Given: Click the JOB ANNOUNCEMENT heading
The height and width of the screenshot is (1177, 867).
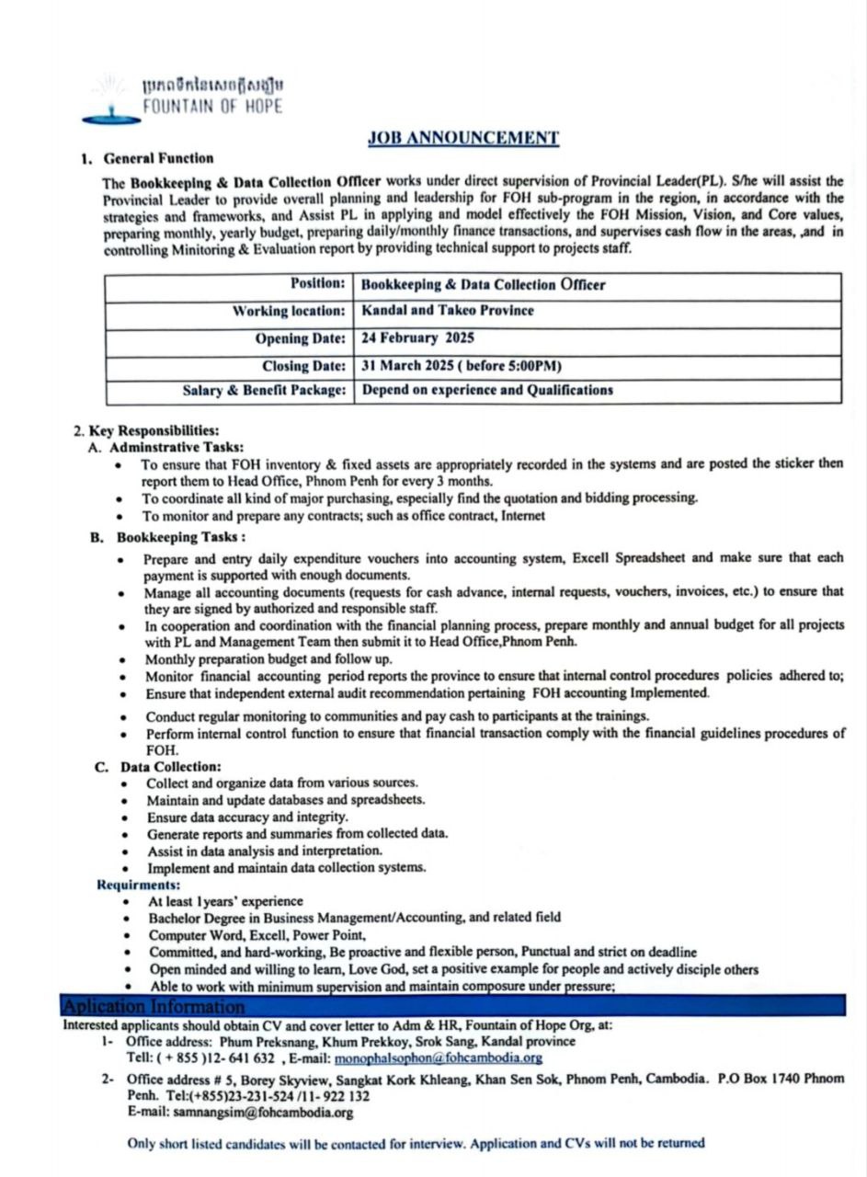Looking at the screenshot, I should [x=463, y=138].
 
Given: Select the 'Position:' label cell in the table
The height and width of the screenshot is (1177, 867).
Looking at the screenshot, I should [x=318, y=284].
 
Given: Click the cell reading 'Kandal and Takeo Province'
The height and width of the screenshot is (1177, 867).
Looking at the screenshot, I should [x=448, y=311].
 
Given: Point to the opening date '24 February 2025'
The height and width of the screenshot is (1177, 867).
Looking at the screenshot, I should [x=418, y=338].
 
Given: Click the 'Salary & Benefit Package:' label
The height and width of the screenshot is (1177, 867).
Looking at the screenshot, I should [x=264, y=390].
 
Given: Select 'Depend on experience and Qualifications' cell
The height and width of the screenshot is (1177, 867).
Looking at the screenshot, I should [x=487, y=390].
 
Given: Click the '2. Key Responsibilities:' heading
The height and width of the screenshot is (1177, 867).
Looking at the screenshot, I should [x=146, y=430].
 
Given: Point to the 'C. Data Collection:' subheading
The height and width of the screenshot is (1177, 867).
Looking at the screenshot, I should [x=158, y=766].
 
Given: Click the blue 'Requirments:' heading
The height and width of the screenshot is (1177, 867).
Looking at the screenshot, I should [x=138, y=885].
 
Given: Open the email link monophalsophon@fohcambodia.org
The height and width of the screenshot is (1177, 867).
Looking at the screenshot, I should [x=438, y=1058].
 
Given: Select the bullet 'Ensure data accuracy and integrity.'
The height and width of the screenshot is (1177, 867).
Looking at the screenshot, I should [x=247, y=817].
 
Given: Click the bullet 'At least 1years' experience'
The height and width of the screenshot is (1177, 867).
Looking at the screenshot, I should [x=225, y=902].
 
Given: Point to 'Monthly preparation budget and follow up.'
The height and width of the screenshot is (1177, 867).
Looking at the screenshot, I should [x=268, y=659].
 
